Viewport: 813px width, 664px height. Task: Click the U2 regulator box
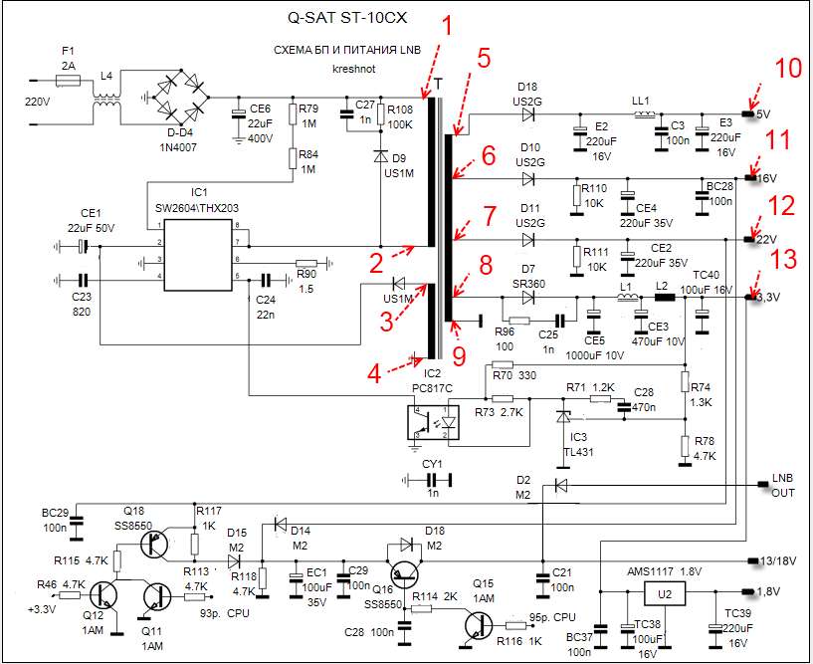(x=666, y=594)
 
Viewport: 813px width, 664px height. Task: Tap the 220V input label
(x=37, y=102)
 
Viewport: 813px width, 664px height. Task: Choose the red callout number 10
(x=787, y=69)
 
